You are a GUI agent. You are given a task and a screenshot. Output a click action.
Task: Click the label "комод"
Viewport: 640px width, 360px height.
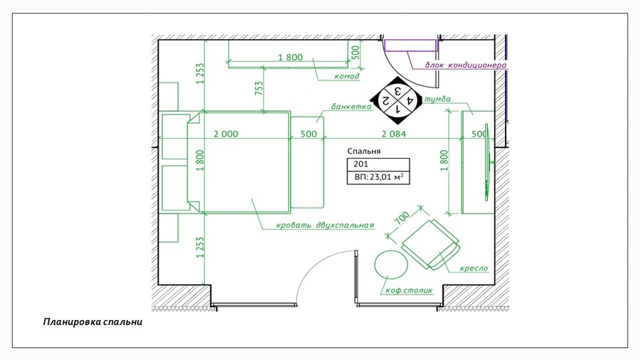pos(347,76)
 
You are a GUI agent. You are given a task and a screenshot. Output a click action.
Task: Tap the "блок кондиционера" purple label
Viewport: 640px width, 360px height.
pos(466,65)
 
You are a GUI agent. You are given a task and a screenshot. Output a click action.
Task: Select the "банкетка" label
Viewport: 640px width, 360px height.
pos(351,107)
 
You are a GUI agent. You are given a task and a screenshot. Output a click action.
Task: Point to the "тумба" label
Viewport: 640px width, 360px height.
pos(437,99)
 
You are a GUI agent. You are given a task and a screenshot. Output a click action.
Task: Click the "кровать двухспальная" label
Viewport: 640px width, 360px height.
pos(325,225)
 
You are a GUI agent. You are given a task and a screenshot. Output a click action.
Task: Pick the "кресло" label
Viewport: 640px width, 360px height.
pos(474,268)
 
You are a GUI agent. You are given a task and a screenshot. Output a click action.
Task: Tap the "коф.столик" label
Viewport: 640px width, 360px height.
pos(409,290)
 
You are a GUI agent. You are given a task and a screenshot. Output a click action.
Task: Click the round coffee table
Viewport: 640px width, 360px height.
pos(391,265)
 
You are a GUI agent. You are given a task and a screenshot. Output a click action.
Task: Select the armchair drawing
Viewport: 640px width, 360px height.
pos(431,245)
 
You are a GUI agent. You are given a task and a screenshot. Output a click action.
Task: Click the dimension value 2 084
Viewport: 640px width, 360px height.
pos(394,134)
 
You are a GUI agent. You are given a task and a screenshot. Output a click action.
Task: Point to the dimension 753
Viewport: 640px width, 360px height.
pos(259,88)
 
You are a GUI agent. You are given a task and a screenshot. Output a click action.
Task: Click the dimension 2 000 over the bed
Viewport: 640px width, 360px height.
pos(225,134)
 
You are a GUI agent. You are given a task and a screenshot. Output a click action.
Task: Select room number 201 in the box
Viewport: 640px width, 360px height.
pos(361,164)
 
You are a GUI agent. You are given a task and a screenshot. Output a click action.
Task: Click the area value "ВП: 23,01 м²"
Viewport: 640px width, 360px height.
pos(379,177)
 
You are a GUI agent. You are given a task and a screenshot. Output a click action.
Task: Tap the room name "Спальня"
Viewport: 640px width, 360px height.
pos(364,151)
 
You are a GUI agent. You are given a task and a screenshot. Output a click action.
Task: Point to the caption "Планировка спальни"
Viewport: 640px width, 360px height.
pos(92,322)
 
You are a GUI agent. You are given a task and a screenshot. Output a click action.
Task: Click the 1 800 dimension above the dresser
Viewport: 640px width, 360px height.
pos(291,58)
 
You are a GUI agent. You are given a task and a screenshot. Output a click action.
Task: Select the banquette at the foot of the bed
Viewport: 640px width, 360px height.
pos(307,162)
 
